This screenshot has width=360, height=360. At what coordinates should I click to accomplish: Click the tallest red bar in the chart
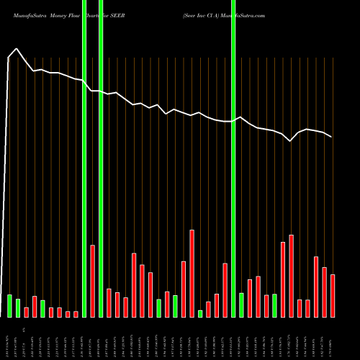(x=192, y=274)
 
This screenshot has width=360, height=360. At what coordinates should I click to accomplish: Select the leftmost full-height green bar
(x=84, y=158)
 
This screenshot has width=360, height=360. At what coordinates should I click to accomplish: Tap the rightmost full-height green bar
(x=233, y=158)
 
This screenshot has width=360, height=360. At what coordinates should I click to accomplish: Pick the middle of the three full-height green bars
(x=101, y=158)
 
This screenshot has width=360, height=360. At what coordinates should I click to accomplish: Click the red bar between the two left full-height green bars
(x=93, y=281)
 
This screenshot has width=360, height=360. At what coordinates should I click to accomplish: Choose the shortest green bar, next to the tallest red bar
(x=200, y=313)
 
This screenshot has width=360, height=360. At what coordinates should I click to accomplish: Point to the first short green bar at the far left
(x=9, y=305)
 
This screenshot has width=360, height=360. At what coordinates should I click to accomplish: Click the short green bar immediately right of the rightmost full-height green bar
(x=241, y=305)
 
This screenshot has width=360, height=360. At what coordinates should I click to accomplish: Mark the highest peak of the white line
(x=17, y=49)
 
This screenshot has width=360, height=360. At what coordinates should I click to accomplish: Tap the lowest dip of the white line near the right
(x=290, y=142)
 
